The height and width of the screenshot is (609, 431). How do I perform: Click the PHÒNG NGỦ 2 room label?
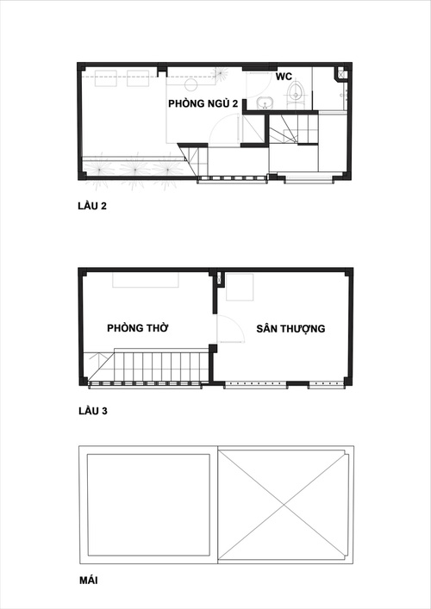pyautogui.click(x=203, y=103)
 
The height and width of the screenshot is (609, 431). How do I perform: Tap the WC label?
pyautogui.click(x=284, y=77)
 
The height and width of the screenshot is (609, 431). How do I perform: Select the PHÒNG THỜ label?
pyautogui.click(x=137, y=328)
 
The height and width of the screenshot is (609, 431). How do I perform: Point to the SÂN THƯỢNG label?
pyautogui.click(x=290, y=328)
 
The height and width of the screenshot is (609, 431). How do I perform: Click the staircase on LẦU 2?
pyautogui.click(x=291, y=132)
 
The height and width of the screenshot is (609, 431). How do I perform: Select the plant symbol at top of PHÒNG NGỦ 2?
pyautogui.click(x=222, y=74)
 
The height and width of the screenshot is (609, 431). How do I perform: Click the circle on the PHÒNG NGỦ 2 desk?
pyautogui.click(x=191, y=85)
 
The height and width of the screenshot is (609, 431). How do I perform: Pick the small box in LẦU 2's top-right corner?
pyautogui.click(x=343, y=75)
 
